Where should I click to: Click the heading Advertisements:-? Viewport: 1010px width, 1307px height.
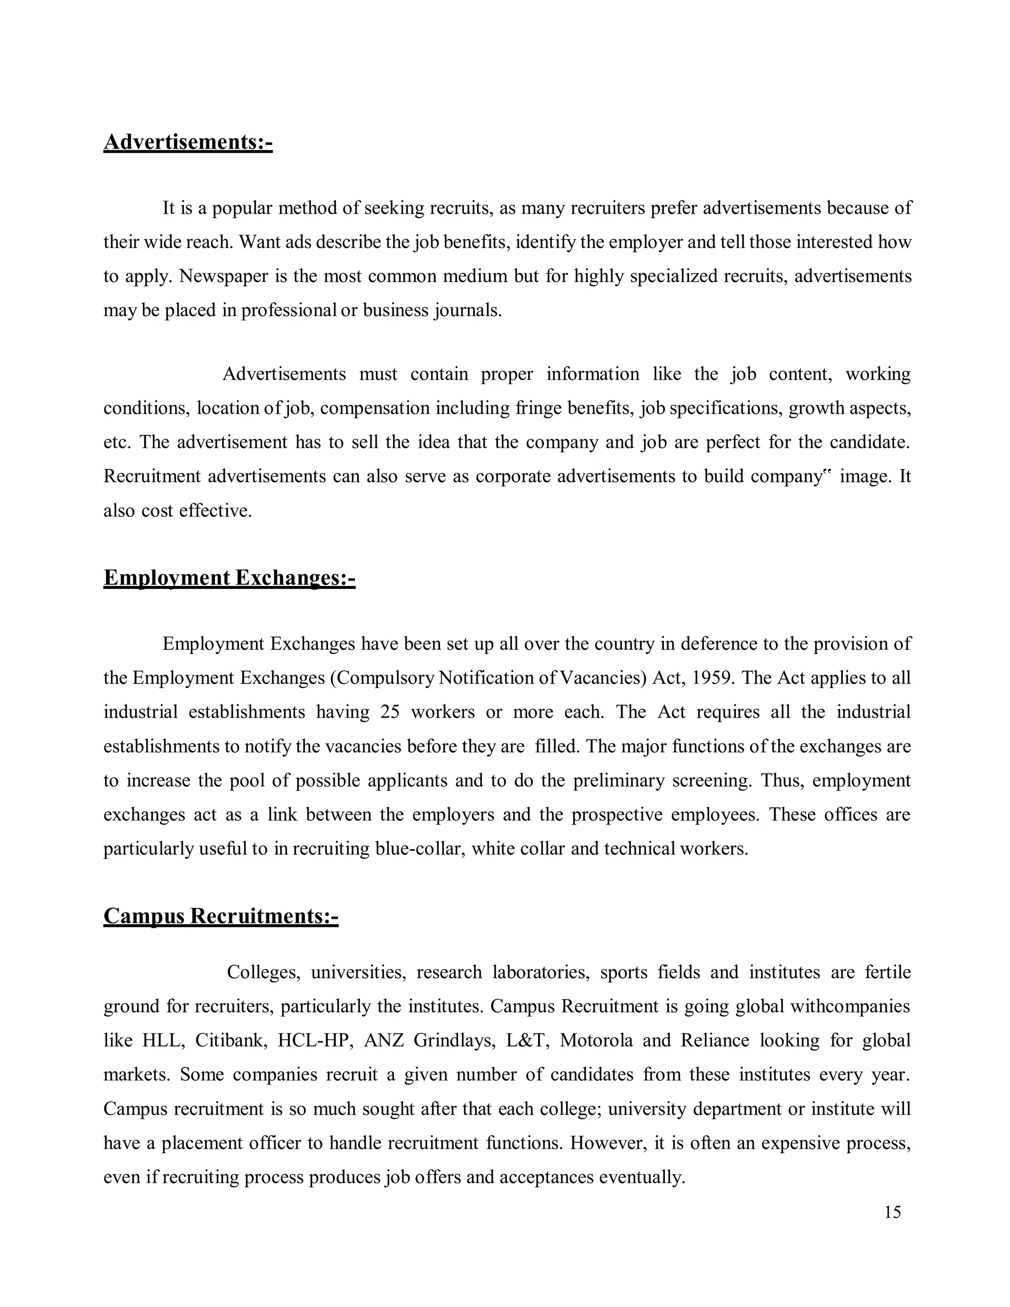188,143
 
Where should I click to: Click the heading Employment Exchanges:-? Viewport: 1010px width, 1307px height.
229,578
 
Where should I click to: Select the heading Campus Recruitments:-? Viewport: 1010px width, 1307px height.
221,916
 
